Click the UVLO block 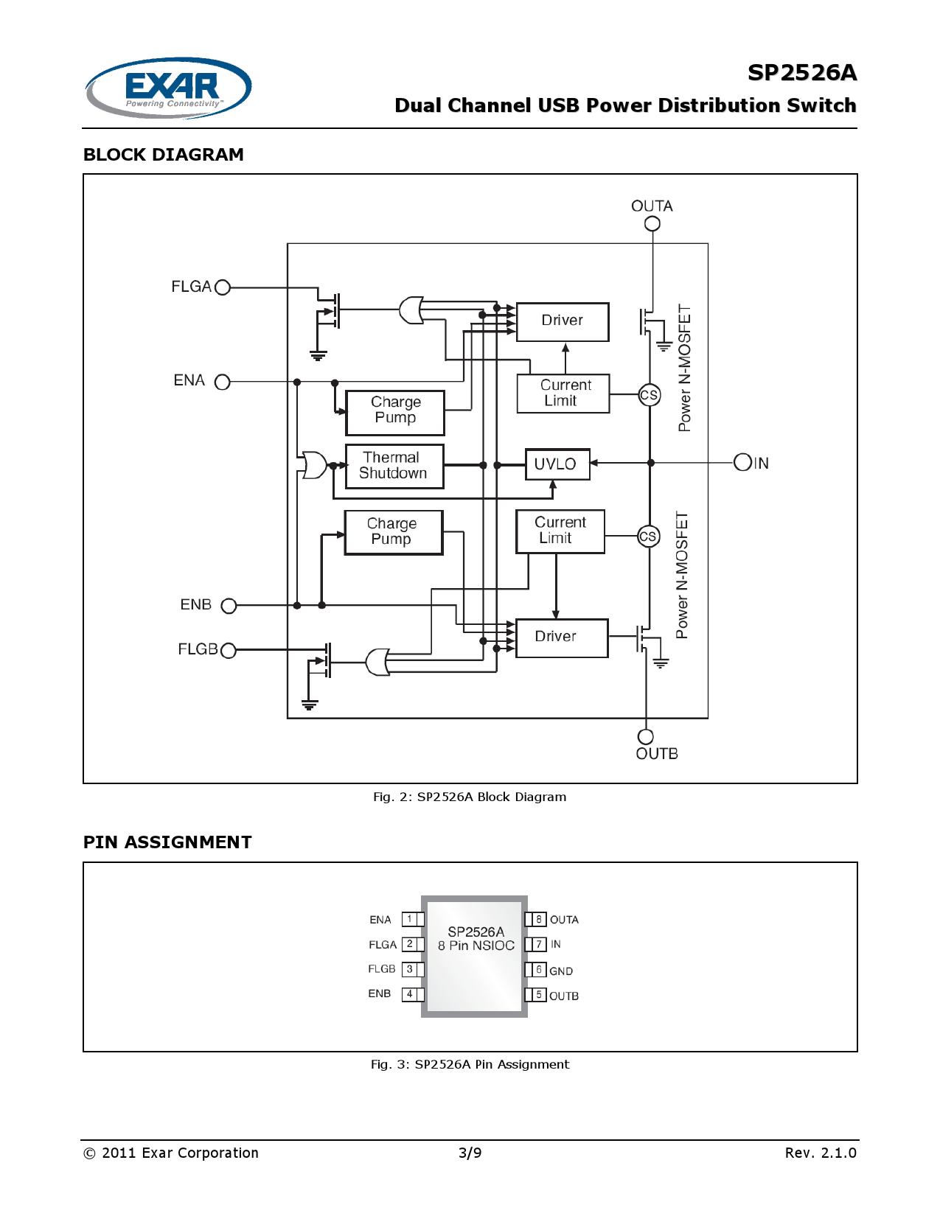click(x=557, y=464)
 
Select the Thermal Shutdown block click(x=394, y=466)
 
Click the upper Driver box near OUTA click(x=563, y=321)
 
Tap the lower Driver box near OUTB click(x=561, y=637)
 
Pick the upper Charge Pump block click(x=395, y=412)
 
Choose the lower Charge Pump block click(x=393, y=532)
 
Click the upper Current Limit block click(x=563, y=394)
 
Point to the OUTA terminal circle click(x=652, y=224)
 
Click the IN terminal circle click(x=742, y=463)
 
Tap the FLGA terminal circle click(x=223, y=287)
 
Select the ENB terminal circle click(x=229, y=606)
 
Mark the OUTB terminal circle click(x=646, y=736)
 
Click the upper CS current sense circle click(x=649, y=395)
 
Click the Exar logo click(x=169, y=88)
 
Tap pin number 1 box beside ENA click(x=410, y=919)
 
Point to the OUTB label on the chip click(x=564, y=996)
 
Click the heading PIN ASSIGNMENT click(x=167, y=842)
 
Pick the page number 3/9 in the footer click(x=470, y=1153)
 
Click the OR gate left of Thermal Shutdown click(x=313, y=465)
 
